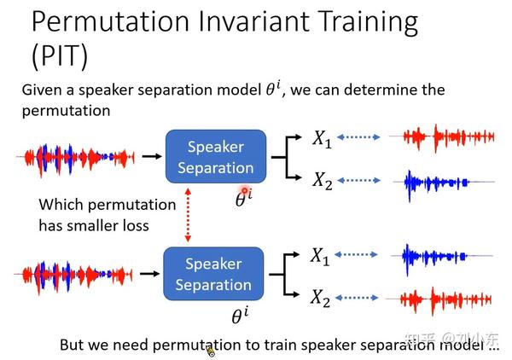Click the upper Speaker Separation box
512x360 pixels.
pos(215,157)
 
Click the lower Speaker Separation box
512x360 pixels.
pos(213,274)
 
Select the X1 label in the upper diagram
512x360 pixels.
pos(321,139)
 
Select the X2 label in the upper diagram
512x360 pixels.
pos(321,180)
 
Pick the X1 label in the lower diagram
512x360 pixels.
pos(320,255)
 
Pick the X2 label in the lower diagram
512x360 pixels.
pos(320,297)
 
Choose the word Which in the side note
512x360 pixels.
pos(60,205)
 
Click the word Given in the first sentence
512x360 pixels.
pos(42,90)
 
